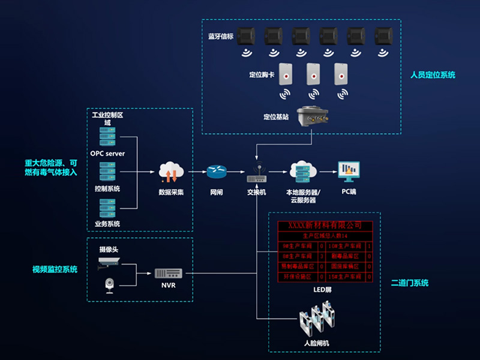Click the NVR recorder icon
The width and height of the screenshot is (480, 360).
point(168,273)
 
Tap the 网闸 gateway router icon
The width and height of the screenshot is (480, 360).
point(216,172)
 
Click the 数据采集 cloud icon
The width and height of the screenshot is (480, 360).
point(170,172)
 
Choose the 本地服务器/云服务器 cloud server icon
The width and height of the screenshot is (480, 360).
point(302,172)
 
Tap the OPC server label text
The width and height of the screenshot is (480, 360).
point(107,154)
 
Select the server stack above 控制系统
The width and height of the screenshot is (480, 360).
point(107,173)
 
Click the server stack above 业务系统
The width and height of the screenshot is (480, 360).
point(107,208)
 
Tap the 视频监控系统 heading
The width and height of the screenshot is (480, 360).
point(55,269)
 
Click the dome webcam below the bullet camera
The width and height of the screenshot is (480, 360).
point(109,284)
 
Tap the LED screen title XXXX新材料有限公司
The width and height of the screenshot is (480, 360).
point(325,225)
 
